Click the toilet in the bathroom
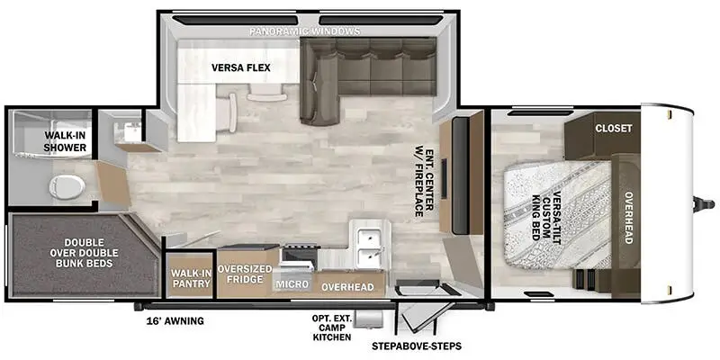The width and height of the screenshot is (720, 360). tap(67, 187)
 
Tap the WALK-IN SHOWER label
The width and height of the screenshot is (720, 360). tap(65, 141)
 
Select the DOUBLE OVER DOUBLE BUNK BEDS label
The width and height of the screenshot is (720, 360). tap(85, 253)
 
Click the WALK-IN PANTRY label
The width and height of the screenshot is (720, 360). tap(191, 278)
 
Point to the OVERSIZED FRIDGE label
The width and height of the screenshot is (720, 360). tap(244, 274)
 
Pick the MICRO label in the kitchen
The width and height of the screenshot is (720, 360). tap(292, 284)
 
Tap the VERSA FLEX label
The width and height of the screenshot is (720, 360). tap(240, 68)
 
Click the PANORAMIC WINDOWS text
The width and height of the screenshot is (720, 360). tap(305, 31)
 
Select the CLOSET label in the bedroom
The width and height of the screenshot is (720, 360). tap(614, 128)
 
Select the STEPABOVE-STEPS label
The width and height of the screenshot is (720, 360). tap(417, 346)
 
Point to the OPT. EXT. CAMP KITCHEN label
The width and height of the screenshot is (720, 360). tap(331, 328)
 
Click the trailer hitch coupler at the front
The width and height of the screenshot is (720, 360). tap(703, 203)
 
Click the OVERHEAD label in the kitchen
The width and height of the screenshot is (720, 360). tap(347, 286)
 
